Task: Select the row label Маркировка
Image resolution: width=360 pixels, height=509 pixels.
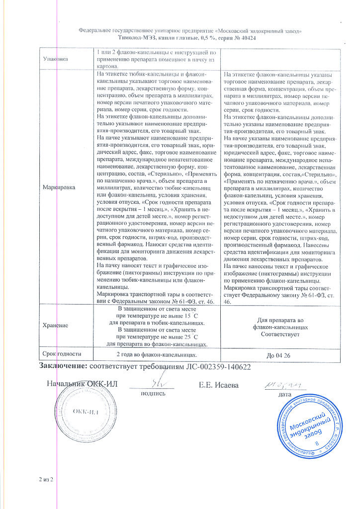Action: (x=59, y=188)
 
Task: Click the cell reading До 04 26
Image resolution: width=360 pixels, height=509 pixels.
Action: (x=281, y=355)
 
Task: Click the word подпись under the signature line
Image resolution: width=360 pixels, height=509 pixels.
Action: (x=154, y=393)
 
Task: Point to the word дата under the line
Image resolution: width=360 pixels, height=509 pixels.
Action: (x=285, y=394)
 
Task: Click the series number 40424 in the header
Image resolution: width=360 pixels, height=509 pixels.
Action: (x=247, y=38)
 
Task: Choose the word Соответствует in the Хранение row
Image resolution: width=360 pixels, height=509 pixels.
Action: (x=281, y=335)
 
